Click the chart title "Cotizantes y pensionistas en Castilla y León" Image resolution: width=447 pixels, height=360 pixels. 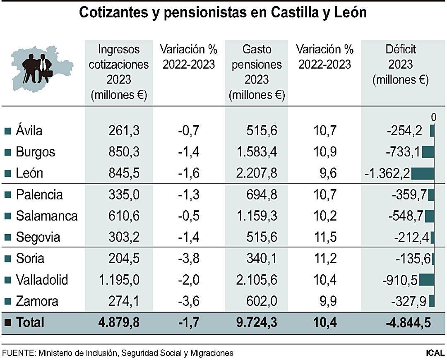tap(223, 12)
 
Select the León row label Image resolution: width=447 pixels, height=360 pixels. tap(29, 173)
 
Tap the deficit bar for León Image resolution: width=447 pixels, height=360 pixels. tap(423, 173)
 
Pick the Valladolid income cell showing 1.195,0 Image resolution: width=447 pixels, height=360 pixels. tap(119, 280)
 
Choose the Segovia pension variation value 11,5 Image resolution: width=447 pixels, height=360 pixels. tap(325, 237)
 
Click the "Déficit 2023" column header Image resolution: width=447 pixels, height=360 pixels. tap(400, 65)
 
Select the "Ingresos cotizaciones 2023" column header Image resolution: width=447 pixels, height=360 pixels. tap(119, 72)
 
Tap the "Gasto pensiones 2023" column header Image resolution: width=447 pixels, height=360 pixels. tap(257, 72)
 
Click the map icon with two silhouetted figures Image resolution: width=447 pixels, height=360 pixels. tap(41, 69)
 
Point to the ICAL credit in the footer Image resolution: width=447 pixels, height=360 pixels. tap(435, 353)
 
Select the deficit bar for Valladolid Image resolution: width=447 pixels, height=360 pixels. tap(426, 280)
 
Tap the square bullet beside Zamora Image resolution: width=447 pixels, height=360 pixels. tap(7, 302)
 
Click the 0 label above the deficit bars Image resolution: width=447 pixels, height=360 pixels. tap(433, 118)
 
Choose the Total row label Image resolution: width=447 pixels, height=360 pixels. tap(30, 322)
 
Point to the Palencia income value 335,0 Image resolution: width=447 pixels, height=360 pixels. tap(124, 194)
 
